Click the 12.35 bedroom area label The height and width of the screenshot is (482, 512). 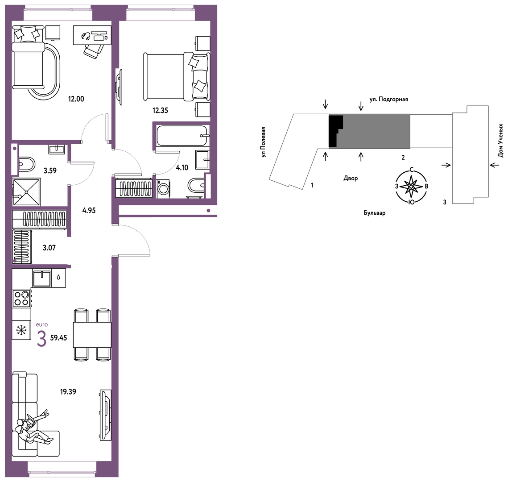(x=160, y=110)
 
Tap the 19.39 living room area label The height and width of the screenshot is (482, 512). (x=68, y=391)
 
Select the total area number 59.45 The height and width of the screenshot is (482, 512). (x=58, y=338)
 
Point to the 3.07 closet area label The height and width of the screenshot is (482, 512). (x=49, y=248)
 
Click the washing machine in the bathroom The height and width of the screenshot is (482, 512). (x=163, y=188)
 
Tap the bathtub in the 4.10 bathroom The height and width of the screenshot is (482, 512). (x=182, y=136)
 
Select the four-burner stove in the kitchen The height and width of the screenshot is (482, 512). (x=21, y=299)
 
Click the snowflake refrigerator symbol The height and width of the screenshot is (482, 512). (x=21, y=330)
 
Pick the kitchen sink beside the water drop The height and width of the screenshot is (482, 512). (x=42, y=278)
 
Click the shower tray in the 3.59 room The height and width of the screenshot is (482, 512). (x=26, y=192)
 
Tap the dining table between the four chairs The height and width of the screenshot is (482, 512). (x=92, y=335)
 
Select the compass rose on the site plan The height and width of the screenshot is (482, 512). (x=411, y=187)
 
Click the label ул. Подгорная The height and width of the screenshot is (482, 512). (x=388, y=99)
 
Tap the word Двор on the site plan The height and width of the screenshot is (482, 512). (x=351, y=179)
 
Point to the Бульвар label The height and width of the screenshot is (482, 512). (x=375, y=213)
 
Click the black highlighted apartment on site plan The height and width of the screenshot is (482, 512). (x=334, y=131)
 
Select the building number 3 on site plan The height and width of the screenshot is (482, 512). (x=444, y=202)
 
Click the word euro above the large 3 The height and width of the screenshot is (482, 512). (x=42, y=324)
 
